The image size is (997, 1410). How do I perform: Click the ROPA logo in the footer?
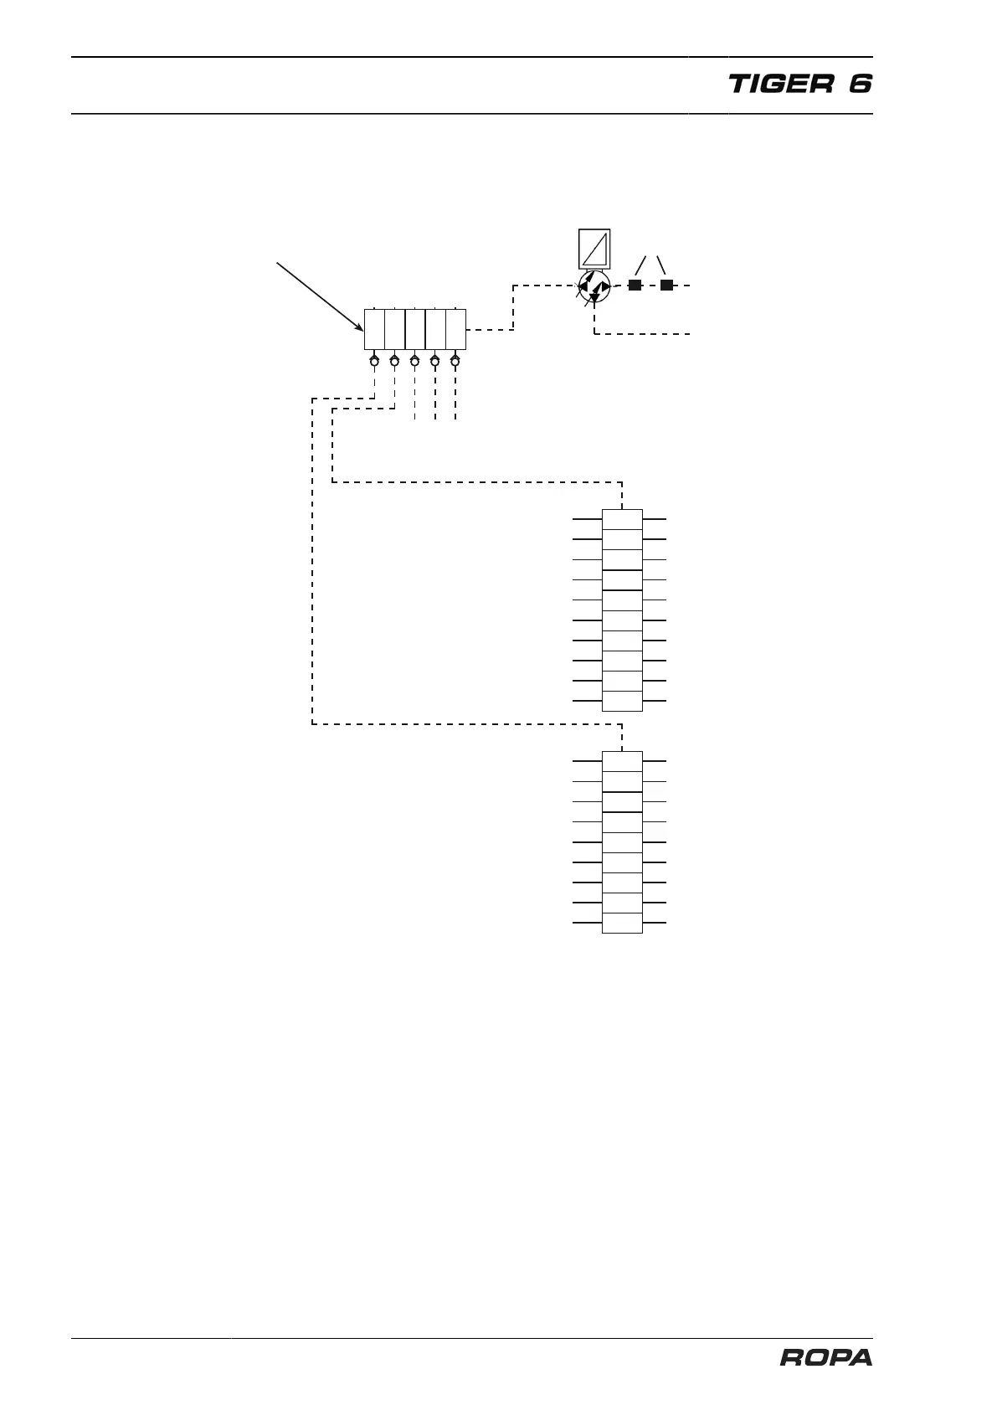825,1357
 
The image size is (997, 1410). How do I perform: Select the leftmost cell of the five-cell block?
374,329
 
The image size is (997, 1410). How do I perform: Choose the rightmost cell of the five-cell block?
455,329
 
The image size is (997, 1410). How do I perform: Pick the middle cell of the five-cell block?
415,329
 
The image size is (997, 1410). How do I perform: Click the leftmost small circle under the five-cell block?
374,362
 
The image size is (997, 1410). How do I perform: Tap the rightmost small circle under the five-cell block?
455,362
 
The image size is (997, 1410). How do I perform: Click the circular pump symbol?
594,286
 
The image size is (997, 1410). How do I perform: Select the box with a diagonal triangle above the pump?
594,249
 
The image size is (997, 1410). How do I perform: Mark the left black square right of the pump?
635,286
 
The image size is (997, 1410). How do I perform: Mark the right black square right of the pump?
666,286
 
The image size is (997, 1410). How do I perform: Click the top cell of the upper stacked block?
622,519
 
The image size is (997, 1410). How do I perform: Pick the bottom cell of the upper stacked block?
622,701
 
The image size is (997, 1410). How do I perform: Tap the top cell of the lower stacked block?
622,761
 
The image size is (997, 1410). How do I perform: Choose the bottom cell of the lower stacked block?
622,923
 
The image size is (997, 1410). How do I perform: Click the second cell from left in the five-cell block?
394,329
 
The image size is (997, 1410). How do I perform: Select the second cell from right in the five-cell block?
435,329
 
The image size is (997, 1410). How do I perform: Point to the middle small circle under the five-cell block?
414,362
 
